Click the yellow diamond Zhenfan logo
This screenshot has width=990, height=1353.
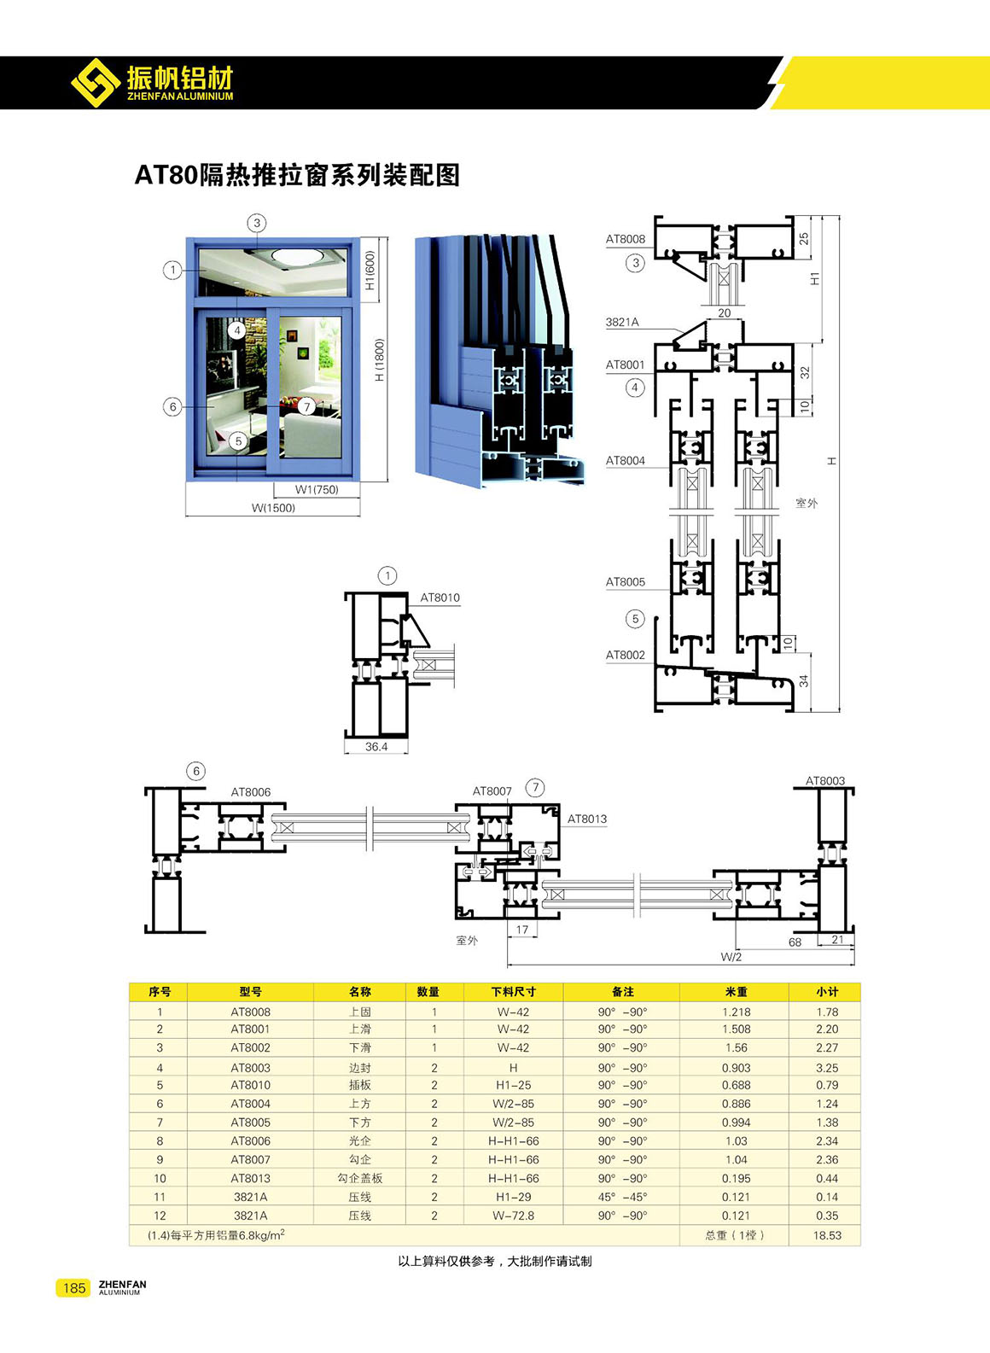pyautogui.click(x=96, y=83)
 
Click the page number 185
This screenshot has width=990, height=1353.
pyautogui.click(x=73, y=1288)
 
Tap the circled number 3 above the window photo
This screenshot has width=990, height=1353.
pyautogui.click(x=257, y=223)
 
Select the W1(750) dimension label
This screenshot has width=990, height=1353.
pyautogui.click(x=317, y=489)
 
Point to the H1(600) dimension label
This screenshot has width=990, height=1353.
pyautogui.click(x=370, y=270)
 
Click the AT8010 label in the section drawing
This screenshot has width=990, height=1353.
pyautogui.click(x=440, y=598)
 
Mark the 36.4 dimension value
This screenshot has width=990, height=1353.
pyautogui.click(x=376, y=747)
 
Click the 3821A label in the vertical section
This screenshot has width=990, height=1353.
pyautogui.click(x=622, y=322)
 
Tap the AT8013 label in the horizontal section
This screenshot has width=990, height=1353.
pyautogui.click(x=587, y=819)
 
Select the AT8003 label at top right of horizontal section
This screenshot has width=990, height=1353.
pyautogui.click(x=825, y=781)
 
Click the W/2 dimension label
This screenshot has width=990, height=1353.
pyautogui.click(x=731, y=957)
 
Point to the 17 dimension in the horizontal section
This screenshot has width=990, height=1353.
pyautogui.click(x=521, y=930)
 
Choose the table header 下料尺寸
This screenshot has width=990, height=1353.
pyautogui.click(x=514, y=992)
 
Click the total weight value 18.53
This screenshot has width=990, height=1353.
pyautogui.click(x=827, y=1235)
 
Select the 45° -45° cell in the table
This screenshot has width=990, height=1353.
pyautogui.click(x=622, y=1197)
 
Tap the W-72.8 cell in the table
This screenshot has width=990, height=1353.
pyautogui.click(x=514, y=1216)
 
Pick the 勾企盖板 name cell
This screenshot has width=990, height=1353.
pyautogui.click(x=360, y=1179)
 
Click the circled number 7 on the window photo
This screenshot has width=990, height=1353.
pyautogui.click(x=307, y=406)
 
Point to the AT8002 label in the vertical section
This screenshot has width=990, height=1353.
pyautogui.click(x=626, y=655)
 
